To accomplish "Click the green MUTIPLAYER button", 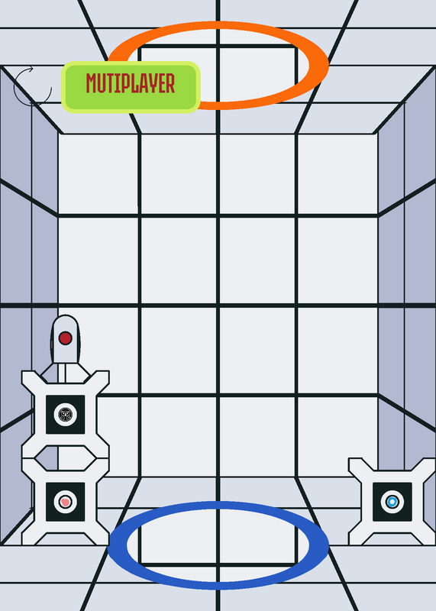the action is pos(131,87).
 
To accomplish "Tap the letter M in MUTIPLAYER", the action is pos(91,83).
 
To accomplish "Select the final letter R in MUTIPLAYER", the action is pos(170,83).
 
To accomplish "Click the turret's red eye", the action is pos(65,338).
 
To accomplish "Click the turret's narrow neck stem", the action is pos(62,373).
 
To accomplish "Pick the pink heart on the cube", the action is pos(66,502).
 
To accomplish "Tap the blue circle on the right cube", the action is pos(392,502).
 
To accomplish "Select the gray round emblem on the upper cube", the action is pos(66,414).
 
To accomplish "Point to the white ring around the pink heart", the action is pos(66,494).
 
